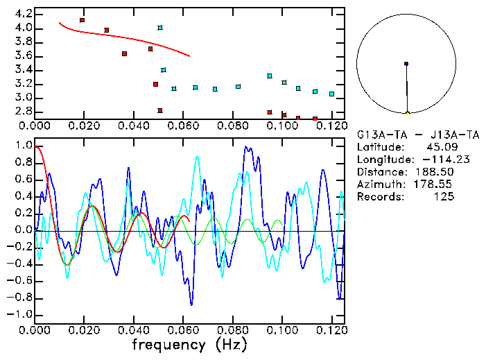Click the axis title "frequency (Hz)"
(189, 344)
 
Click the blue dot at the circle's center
(406, 64)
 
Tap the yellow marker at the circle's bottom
(407, 112)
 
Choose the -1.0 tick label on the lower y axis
(20, 314)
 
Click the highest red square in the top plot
(82, 20)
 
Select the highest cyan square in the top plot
(160, 28)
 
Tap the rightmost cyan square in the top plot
(331, 94)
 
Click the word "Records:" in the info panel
(379, 196)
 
